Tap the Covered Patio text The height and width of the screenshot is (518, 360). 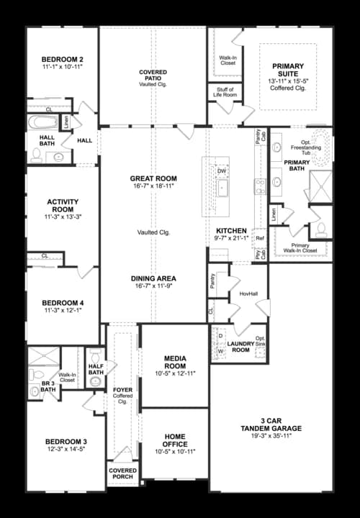153,73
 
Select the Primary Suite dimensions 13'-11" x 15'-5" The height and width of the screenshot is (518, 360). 287,83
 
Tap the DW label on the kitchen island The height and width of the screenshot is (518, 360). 222,171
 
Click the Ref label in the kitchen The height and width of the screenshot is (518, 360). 260,237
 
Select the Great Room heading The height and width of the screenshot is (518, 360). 153,178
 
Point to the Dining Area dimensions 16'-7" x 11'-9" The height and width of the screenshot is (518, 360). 153,286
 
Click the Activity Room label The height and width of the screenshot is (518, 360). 62,206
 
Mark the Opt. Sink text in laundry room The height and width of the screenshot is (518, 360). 260,342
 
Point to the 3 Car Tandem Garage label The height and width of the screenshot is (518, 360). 271,424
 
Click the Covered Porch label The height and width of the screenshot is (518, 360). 122,474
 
